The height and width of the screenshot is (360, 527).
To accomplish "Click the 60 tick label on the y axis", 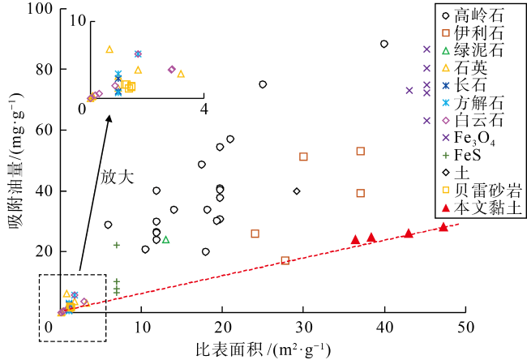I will click(36, 130).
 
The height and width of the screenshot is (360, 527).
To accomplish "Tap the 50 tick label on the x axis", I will click(465, 327).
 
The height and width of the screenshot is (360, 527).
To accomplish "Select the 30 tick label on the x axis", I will click(303, 327).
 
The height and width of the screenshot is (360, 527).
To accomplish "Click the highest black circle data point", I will click(383, 44).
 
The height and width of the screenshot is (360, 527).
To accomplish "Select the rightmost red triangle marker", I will click(443, 227).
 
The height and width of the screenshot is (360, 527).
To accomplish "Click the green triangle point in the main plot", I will click(165, 239).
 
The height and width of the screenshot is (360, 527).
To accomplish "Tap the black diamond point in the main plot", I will click(297, 191).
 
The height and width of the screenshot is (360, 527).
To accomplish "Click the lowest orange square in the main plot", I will click(285, 260).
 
